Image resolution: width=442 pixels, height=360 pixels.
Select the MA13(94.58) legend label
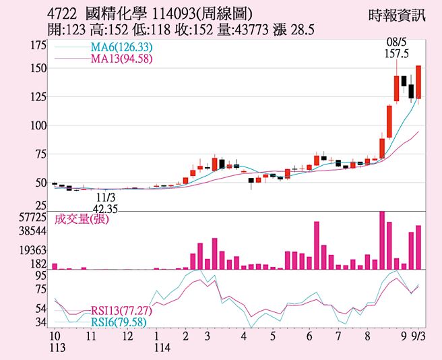pyautogui.click(x=123, y=59)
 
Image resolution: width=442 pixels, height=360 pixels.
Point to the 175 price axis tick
pyautogui.click(x=38, y=45)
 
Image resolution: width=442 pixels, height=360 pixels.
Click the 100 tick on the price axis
pyautogui.click(x=38, y=125)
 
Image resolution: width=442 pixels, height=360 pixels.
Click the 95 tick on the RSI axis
pyautogui.click(x=40, y=276)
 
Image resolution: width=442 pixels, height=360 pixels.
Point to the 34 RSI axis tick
pyautogui.click(x=40, y=322)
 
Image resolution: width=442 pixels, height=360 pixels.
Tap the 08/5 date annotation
pyautogui.click(x=394, y=41)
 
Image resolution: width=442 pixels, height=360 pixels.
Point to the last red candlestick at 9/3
pyautogui.click(x=418, y=82)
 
